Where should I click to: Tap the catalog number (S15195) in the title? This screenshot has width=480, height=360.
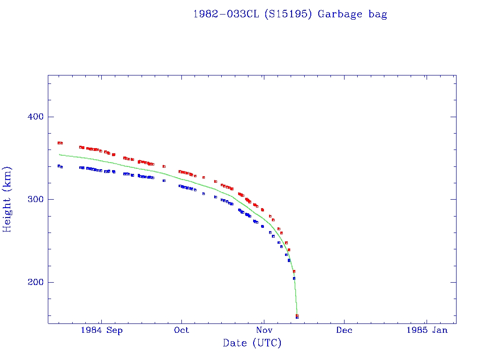pyautogui.click(x=288, y=14)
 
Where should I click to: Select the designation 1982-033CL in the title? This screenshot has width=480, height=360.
pyautogui.click(x=226, y=14)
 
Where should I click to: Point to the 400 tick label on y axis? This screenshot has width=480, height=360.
pyautogui.click(x=33, y=117)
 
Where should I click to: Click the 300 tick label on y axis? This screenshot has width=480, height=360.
pyautogui.click(x=33, y=199)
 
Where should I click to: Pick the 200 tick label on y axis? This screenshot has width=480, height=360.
pyautogui.click(x=33, y=282)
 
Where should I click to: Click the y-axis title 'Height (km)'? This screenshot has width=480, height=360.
pyautogui.click(x=7, y=199)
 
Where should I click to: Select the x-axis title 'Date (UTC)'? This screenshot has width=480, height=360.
pyautogui.click(x=252, y=343)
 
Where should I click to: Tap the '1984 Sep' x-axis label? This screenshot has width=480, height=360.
pyautogui.click(x=102, y=330)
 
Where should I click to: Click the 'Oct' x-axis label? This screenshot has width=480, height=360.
pyautogui.click(x=181, y=330)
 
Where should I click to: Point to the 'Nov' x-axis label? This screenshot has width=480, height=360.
pyautogui.click(x=264, y=330)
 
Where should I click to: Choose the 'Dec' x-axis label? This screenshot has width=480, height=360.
pyautogui.click(x=344, y=330)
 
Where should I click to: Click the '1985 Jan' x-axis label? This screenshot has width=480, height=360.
pyautogui.click(x=427, y=330)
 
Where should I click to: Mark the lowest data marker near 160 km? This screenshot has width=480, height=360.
pyautogui.click(x=297, y=317)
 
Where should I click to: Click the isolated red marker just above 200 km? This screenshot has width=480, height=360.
pyautogui.click(x=294, y=271)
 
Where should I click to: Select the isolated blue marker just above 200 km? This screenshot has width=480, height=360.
pyautogui.click(x=294, y=278)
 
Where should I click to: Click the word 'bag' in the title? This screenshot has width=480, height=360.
pyautogui.click(x=378, y=14)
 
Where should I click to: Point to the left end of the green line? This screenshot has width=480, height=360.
pyautogui.click(x=59, y=154)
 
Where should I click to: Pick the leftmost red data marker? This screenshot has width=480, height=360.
pyautogui.click(x=59, y=142)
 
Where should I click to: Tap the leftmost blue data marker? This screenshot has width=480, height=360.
pyautogui.click(x=59, y=166)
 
